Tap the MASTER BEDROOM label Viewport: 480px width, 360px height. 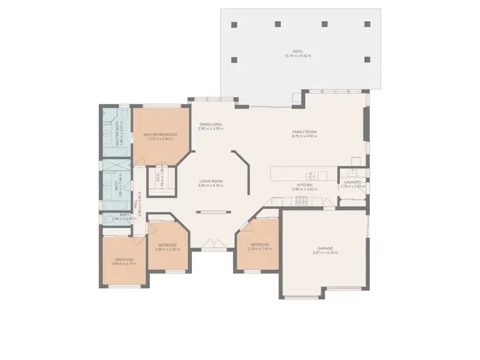(x=161, y=134)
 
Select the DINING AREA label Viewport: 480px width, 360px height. (x=211, y=124)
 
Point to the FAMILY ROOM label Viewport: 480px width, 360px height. (x=304, y=132)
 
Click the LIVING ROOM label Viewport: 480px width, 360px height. (x=211, y=181)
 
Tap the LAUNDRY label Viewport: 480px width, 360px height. (x=352, y=182)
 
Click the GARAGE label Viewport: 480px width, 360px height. (x=325, y=248)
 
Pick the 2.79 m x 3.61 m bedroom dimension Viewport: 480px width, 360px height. (x=260, y=249)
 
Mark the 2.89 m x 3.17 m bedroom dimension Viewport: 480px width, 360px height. (x=124, y=263)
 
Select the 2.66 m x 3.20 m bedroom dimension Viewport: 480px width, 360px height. (x=167, y=249)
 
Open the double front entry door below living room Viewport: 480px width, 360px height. (x=211, y=244)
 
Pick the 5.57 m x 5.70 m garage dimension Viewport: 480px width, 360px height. (x=325, y=253)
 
